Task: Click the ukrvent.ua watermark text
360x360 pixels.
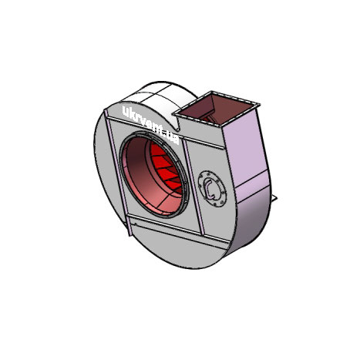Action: coord(150,125)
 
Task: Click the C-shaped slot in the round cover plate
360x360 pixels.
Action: coord(210,189)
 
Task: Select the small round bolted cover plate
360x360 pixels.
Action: coord(212,188)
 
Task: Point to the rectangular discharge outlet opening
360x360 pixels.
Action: coord(216,109)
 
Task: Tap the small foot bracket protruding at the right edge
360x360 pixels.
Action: coord(274,198)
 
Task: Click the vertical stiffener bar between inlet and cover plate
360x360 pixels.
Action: coord(193,187)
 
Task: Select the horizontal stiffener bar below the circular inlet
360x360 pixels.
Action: coord(177,230)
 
